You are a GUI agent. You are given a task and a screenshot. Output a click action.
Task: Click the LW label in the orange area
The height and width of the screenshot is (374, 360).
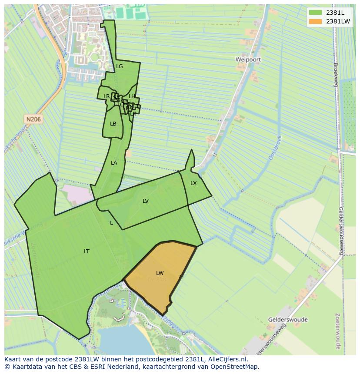[160, 273]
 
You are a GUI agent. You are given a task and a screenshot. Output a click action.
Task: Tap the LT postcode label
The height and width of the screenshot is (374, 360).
[87, 252]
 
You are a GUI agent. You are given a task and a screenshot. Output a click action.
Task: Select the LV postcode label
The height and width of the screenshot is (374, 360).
[146, 201]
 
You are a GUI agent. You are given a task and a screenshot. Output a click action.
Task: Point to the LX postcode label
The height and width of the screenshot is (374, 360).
[193, 183]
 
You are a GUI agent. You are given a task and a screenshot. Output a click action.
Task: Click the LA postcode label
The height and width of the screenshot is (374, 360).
[114, 163]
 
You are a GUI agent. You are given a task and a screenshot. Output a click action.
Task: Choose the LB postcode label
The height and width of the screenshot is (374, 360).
[113, 124]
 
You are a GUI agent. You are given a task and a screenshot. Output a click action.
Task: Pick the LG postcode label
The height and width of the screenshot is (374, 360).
[120, 66]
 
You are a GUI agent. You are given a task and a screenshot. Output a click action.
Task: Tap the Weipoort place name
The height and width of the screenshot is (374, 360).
[248, 59]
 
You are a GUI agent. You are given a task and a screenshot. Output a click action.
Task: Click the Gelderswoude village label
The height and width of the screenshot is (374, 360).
[288, 320]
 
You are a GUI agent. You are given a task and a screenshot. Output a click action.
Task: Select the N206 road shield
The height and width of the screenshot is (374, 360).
[33, 119]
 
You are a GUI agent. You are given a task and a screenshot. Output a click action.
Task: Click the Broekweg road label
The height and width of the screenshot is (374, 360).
[336, 75]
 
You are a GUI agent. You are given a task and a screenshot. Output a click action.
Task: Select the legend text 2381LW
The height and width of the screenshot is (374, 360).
[338, 21]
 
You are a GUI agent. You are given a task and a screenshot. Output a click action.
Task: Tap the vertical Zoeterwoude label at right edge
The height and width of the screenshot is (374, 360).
[338, 333]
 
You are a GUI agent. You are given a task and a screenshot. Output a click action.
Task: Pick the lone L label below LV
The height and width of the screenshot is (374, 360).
[111, 223]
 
